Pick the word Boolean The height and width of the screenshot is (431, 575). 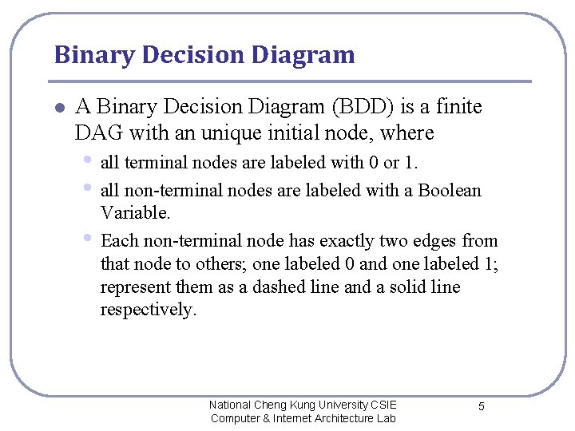450,191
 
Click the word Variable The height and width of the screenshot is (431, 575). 136,213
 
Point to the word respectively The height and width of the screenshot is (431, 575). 148,310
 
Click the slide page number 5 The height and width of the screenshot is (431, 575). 482,407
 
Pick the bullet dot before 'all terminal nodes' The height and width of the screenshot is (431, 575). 87,160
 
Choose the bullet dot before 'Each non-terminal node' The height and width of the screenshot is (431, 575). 87,239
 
